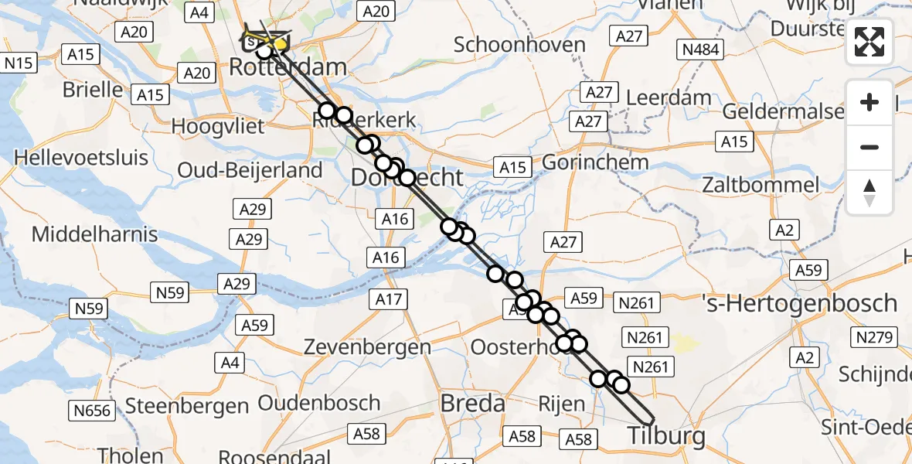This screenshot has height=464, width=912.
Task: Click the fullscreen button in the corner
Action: (x=869, y=42)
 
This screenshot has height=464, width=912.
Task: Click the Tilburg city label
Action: (x=666, y=436)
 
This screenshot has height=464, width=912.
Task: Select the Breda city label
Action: (x=472, y=403)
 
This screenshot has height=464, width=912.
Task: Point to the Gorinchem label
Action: (x=594, y=163)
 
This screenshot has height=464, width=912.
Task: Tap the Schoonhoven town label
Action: (x=519, y=45)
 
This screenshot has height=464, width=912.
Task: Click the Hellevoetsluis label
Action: (x=81, y=158)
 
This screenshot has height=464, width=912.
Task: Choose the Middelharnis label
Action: (x=95, y=234)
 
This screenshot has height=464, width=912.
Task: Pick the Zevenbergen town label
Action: (x=367, y=347)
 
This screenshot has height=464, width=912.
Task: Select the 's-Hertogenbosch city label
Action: (x=799, y=302)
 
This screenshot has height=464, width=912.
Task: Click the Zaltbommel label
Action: (x=761, y=185)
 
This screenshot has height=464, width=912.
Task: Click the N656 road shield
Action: (x=93, y=409)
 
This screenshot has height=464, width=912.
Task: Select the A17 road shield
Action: (x=389, y=299)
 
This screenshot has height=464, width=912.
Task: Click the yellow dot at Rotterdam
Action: (x=280, y=45)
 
